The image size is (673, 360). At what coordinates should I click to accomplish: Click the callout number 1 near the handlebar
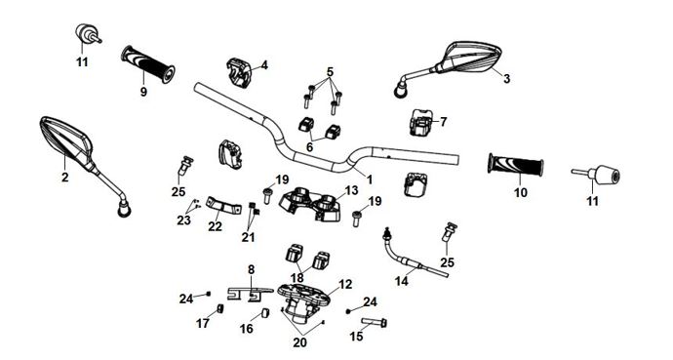[x=370, y=180]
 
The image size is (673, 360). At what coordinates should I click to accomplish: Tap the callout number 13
[x=351, y=190]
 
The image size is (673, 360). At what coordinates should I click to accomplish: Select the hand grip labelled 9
[x=148, y=64]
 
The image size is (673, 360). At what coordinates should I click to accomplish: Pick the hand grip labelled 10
[x=516, y=164]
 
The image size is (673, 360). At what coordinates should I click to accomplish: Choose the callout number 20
[x=300, y=342]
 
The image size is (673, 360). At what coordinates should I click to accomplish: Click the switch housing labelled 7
[x=421, y=122]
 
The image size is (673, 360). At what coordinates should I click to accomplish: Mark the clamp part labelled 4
[x=239, y=72]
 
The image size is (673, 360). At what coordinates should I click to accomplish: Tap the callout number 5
[x=330, y=71]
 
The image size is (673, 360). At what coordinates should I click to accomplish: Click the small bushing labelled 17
[x=219, y=309]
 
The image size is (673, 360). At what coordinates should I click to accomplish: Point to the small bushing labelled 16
[x=265, y=313]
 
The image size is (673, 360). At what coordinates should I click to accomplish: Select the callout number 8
[x=251, y=269]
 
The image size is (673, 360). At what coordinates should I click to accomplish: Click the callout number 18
[x=297, y=278]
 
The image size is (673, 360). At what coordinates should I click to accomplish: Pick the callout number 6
[x=309, y=147]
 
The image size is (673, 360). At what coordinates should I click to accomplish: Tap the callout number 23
[x=183, y=220]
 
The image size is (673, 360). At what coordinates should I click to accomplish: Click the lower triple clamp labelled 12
[x=303, y=297]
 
